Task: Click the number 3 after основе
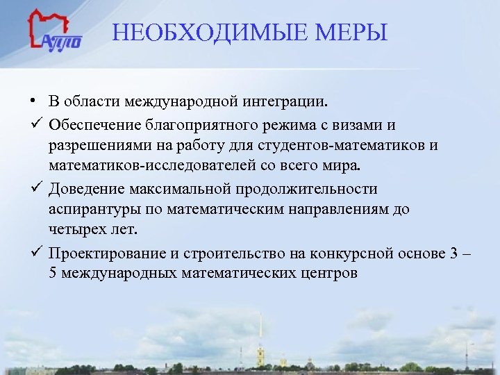453,252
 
